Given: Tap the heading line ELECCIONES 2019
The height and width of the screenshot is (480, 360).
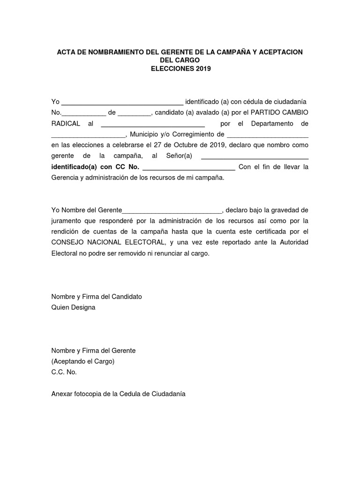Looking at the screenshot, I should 180,68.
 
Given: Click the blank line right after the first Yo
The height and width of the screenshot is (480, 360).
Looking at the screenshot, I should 122,102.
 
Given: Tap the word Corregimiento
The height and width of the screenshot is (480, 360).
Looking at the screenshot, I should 197,135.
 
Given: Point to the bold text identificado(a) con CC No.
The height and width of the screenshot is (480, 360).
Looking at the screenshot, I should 95,167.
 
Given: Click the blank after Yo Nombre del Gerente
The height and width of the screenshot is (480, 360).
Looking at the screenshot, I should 172,210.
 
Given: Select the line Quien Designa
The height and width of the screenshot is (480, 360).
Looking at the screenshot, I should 73,307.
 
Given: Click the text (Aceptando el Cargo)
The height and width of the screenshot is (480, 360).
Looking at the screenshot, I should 82,361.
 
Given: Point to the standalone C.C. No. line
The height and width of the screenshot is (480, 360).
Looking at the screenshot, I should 64,372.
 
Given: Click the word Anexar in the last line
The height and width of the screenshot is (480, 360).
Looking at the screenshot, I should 62,394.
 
